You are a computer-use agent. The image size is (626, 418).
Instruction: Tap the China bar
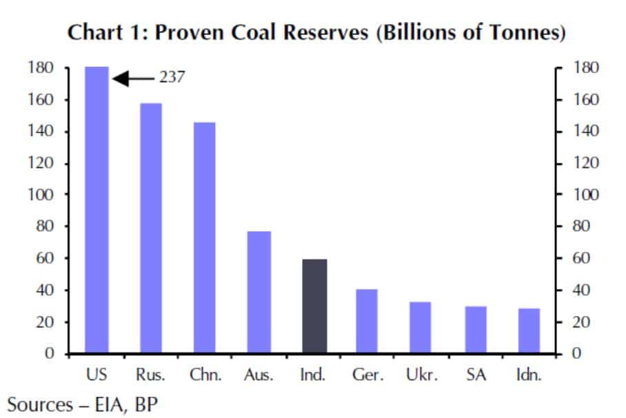click(205, 238)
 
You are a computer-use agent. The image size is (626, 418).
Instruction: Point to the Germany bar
click(367, 321)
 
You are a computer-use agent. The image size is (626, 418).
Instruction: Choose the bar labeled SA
click(475, 330)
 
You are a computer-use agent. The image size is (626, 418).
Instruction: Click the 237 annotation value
click(172, 78)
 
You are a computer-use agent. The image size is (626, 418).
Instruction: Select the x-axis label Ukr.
click(421, 375)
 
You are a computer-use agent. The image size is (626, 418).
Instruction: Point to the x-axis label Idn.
click(529, 375)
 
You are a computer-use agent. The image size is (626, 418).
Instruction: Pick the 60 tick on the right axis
click(583, 259)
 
